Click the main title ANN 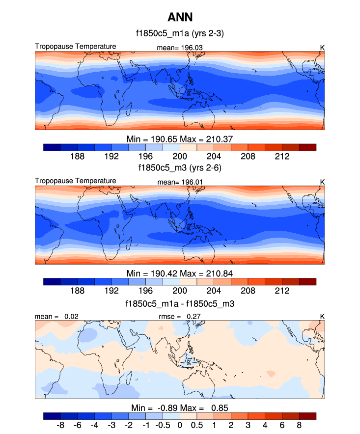point(180,18)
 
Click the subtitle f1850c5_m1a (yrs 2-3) point(180,34)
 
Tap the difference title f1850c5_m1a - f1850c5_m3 point(180,303)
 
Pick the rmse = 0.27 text point(180,317)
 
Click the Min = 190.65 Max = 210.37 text point(180,138)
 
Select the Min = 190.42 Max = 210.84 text point(180,273)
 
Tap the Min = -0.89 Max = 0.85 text point(180,407)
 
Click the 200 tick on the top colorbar point(180,156)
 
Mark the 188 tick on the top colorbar point(78,156)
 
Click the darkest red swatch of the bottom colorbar point(307,416)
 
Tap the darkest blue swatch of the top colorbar point(52,147)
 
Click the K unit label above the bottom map point(322,317)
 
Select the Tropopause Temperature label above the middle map point(76,181)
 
